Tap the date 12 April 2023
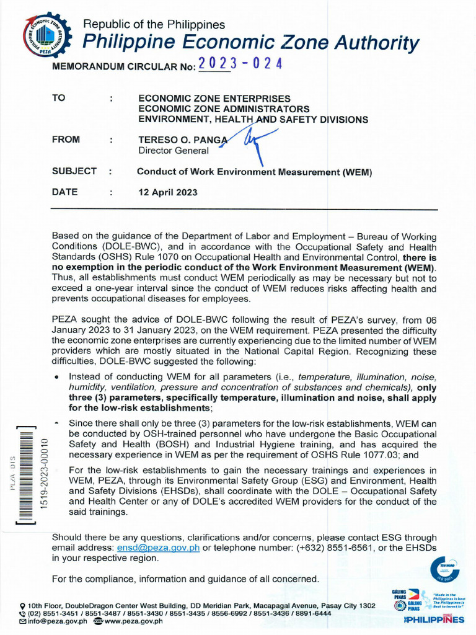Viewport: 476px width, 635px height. tap(167, 192)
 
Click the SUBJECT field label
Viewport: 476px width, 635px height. tap(74, 171)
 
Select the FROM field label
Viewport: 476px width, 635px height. tap(66, 140)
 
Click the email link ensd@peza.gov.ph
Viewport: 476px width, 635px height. tap(158, 548)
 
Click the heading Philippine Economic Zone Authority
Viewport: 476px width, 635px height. tap(251, 43)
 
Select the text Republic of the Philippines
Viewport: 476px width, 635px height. tap(154, 25)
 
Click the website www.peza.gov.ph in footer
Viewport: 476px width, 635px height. tap(133, 621)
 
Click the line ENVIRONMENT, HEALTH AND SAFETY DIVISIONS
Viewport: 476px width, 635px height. tap(252, 119)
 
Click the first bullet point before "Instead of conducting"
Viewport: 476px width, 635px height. tap(57, 376)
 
